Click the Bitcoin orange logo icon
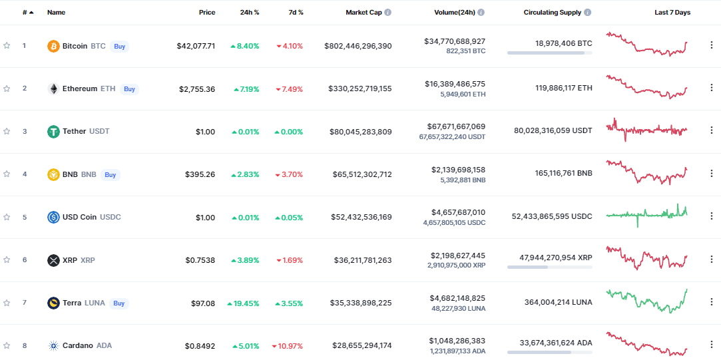pyautogui.click(x=53, y=46)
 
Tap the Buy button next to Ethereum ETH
pyautogui.click(x=129, y=89)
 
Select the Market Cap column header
pyautogui.click(x=363, y=13)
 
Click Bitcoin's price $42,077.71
pyautogui.click(x=196, y=46)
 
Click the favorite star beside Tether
pyautogui.click(x=7, y=131)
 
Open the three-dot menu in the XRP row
pyautogui.click(x=711, y=260)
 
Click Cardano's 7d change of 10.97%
pyautogui.click(x=288, y=346)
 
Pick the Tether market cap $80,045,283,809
pyautogui.click(x=360, y=132)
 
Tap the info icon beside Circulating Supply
pyautogui.click(x=588, y=13)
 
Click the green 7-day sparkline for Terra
pyautogui.click(x=646, y=301)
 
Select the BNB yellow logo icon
pyautogui.click(x=53, y=174)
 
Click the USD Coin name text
pyautogui.click(x=79, y=217)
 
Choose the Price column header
pyautogui.click(x=206, y=13)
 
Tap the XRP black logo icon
pyautogui.click(x=53, y=260)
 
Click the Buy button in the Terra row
pyautogui.click(x=119, y=303)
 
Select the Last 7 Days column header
pyautogui.click(x=672, y=13)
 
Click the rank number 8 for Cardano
pyautogui.click(x=25, y=345)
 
